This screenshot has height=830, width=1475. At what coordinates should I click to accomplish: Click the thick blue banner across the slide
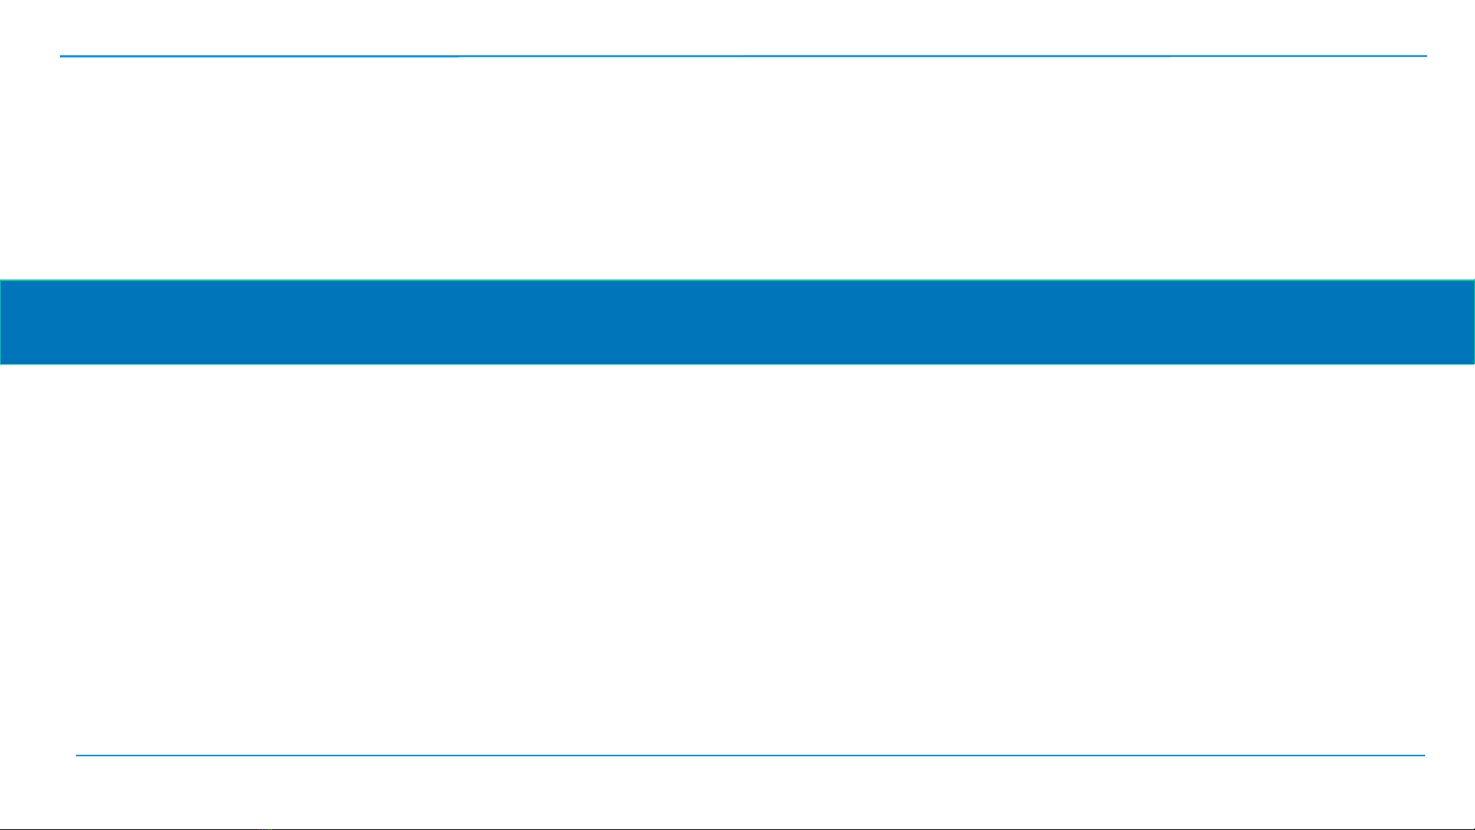coord(737,322)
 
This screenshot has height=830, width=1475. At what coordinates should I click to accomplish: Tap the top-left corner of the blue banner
coord(1,280)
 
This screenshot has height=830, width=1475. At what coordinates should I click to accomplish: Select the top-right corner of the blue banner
coord(1473,280)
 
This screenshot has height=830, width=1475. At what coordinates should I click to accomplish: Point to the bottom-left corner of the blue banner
coord(1,363)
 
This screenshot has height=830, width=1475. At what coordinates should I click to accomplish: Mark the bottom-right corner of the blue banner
coord(1473,363)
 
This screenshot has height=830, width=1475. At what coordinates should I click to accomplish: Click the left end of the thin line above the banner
coord(61,56)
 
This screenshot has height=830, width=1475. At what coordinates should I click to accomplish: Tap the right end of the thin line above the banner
coord(1426,56)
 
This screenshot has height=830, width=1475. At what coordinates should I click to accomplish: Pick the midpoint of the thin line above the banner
coord(743,56)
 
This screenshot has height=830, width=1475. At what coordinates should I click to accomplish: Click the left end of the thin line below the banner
coord(76,756)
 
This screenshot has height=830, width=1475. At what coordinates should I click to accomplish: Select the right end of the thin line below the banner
coord(1424,756)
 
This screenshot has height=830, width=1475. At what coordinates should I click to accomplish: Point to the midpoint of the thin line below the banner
coord(750,756)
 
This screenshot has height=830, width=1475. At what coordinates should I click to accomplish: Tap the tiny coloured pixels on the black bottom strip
coord(265,828)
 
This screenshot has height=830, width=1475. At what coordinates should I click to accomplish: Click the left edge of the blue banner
coord(1,322)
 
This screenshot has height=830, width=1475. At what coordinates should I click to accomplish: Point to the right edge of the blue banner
coord(1473,322)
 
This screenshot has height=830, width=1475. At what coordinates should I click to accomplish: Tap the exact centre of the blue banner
coord(737,322)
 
